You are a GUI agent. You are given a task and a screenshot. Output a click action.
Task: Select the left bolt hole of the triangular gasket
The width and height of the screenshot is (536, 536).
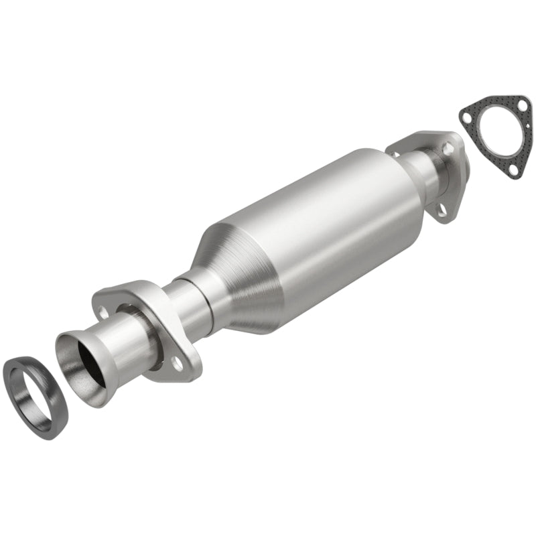coord(467,117)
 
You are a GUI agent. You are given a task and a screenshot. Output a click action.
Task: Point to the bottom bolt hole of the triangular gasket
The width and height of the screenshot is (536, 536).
coord(513,170)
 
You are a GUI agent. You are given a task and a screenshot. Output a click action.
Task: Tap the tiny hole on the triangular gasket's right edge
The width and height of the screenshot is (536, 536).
coord(528,125)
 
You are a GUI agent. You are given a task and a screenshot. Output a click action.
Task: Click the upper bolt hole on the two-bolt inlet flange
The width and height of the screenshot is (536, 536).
coord(103,312)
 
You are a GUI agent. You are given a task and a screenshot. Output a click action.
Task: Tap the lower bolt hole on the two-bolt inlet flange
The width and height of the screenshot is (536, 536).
coord(178,363)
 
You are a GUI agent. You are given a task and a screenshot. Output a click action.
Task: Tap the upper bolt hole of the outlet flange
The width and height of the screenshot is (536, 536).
coord(448,148)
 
